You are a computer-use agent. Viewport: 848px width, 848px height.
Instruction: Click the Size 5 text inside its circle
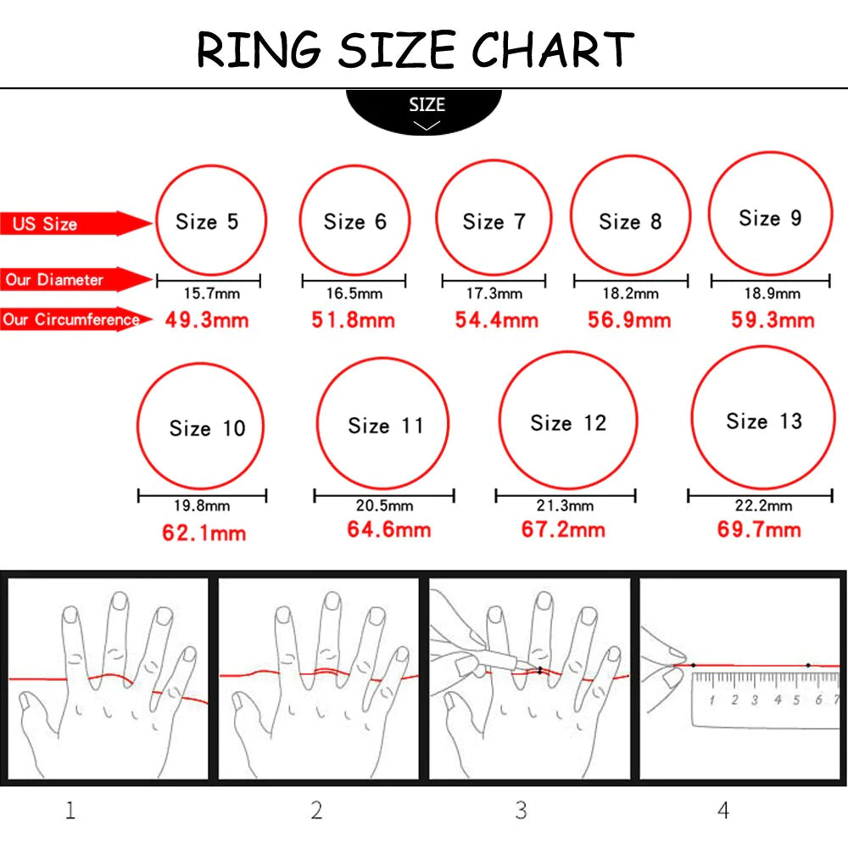coord(207,222)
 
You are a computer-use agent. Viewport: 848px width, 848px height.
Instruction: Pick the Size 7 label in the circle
coord(494,222)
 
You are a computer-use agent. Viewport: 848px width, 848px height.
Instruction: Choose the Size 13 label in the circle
coord(763,421)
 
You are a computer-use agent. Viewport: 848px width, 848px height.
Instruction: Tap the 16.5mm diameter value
coord(354,294)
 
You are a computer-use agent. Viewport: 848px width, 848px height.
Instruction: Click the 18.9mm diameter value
coord(772,293)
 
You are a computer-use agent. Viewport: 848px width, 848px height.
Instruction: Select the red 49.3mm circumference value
coord(208,321)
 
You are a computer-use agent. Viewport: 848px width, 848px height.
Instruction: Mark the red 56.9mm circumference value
coord(629,321)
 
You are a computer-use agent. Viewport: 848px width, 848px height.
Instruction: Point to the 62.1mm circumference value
coord(204,533)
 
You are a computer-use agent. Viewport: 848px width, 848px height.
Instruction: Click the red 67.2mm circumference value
coord(563,530)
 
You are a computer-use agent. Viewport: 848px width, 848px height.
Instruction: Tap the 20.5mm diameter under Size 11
coord(384,506)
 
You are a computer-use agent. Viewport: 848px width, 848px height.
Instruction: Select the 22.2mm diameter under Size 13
coord(763,506)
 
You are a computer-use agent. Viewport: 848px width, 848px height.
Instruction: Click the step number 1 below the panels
coord(70,811)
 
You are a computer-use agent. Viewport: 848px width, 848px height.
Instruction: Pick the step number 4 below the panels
coord(722,811)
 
